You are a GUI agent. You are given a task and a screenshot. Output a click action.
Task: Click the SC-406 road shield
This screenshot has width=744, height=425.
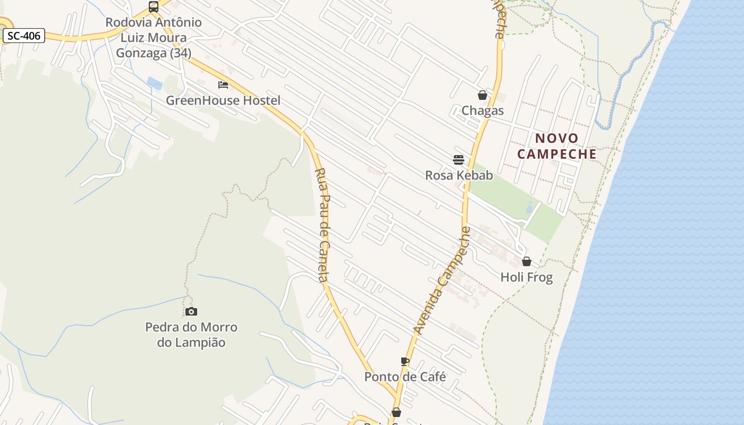(x=24, y=36)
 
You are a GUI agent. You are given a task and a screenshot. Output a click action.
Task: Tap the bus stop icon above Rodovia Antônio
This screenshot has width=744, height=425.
(x=154, y=7)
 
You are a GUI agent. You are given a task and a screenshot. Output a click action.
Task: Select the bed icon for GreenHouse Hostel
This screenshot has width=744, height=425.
(x=223, y=85)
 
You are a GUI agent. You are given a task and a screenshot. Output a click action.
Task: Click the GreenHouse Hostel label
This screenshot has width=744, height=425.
(x=223, y=100)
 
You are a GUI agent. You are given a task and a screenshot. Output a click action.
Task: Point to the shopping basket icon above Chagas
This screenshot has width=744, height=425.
(x=483, y=95)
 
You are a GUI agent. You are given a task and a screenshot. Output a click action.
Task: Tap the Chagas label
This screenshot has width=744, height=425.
(x=483, y=110)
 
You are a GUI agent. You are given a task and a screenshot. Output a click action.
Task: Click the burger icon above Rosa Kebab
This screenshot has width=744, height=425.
(x=459, y=159)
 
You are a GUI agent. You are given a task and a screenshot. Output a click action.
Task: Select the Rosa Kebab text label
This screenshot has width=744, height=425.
(x=459, y=175)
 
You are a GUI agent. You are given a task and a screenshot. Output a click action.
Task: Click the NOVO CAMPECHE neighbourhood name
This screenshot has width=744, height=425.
(x=557, y=146)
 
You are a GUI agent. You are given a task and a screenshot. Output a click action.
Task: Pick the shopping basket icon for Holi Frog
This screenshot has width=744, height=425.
(x=527, y=261)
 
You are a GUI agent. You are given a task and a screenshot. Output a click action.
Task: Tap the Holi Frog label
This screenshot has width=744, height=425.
(x=527, y=277)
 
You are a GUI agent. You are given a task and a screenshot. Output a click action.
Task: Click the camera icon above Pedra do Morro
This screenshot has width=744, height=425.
(x=191, y=311)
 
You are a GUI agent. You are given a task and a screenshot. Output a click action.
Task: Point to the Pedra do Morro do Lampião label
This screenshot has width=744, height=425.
(x=191, y=335)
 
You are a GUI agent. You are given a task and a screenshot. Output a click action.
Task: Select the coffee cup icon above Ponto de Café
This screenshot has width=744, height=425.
(x=405, y=361)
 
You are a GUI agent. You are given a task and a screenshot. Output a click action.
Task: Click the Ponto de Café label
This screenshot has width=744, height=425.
(x=405, y=377)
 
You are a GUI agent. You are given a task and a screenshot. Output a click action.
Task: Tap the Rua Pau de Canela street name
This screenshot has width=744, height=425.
(x=324, y=225)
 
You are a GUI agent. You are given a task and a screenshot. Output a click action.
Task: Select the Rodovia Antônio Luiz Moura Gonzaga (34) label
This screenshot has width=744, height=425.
(x=154, y=38)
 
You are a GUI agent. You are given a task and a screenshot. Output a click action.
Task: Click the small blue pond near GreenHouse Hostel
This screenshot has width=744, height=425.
(x=155, y=83)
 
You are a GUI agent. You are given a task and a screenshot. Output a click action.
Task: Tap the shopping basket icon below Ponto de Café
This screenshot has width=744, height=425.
(x=396, y=412)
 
